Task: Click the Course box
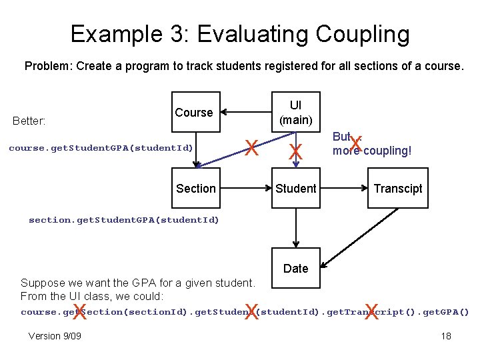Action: (195, 112)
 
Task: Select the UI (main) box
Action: (295, 112)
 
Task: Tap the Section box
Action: (195, 188)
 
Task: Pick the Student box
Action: (295, 188)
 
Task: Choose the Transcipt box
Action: (397, 188)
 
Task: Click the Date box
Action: (295, 268)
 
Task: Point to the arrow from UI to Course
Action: (246, 112)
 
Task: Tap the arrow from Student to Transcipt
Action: (343, 188)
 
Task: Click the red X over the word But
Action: (356, 143)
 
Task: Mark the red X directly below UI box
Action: (295, 153)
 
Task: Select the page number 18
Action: (446, 336)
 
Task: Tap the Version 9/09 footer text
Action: (55, 336)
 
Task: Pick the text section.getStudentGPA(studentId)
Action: (123, 220)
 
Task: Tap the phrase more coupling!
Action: (372, 151)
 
